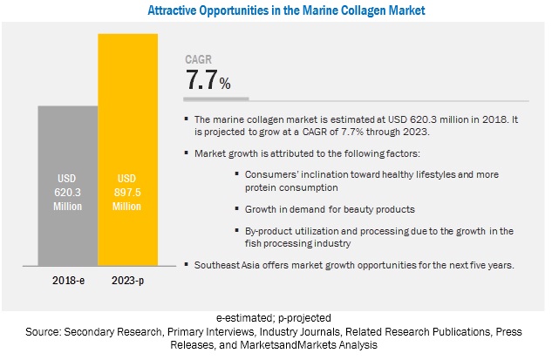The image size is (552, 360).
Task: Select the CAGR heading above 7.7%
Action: click(198, 59)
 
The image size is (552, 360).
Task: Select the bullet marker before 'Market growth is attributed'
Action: click(186, 153)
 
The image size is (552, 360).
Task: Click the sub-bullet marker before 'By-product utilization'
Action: click(237, 229)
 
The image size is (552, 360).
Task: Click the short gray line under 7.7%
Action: click(217, 97)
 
